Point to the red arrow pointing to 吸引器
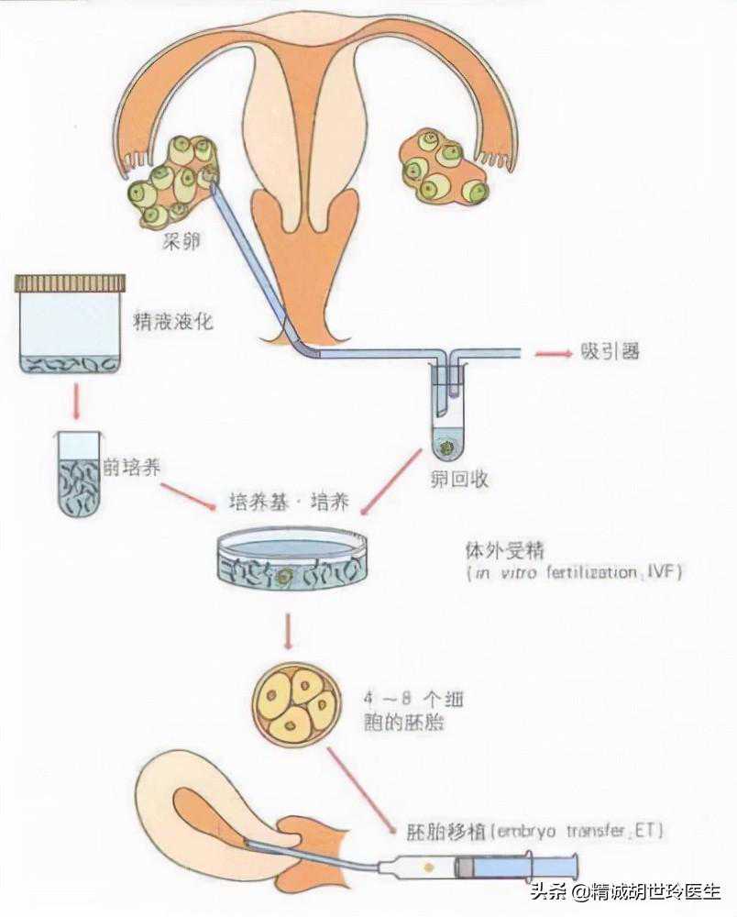tap(552, 353)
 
